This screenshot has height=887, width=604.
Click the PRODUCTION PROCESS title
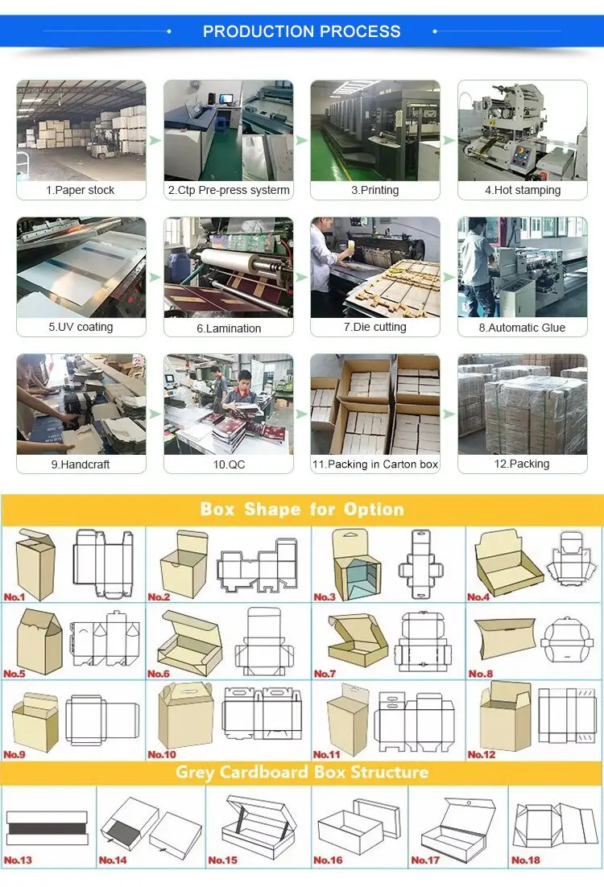301,31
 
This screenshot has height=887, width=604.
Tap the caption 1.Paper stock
80,190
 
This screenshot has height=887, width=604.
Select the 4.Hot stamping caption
523,190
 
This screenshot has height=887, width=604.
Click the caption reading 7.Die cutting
374,327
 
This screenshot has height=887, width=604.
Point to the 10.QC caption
228,464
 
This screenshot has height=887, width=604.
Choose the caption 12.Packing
522,464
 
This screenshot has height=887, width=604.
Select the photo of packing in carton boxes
374,404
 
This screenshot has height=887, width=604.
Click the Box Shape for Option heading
302,509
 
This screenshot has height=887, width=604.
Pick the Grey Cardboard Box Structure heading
302,773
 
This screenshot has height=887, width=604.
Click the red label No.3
325,597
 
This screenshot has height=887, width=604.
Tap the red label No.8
481,674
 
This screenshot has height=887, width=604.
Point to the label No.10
162,754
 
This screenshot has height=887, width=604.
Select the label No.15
223,860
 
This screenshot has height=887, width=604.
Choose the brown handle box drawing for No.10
184,716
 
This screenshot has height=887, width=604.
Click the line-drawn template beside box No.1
102,563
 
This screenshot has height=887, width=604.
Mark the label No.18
525,860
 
